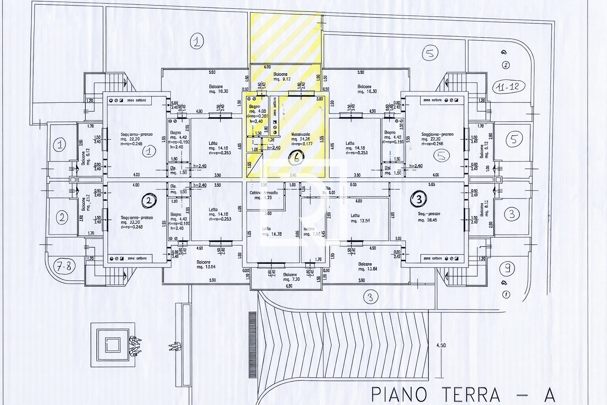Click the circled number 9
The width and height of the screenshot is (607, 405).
tap(507, 269)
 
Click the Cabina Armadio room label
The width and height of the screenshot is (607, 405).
tap(264, 195)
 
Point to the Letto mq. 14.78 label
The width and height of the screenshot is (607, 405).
tap(271, 231)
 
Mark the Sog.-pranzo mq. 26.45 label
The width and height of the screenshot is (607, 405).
tap(429, 216)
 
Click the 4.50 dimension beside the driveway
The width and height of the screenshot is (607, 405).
tap(441, 345)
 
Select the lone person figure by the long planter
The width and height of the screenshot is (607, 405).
tap(174, 346)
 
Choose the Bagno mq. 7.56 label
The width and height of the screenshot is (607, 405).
tap(310, 231)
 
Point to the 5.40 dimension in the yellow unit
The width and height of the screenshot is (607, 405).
tap(292, 175)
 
